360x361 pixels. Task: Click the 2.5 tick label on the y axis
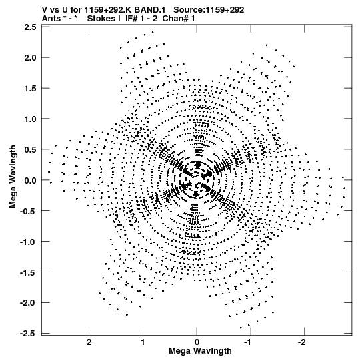coord(31,27)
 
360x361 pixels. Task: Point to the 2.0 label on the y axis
coord(31,58)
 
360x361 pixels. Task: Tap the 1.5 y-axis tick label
coord(31,88)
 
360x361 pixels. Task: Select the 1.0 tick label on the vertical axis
coord(31,119)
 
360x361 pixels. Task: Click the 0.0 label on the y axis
coord(31,180)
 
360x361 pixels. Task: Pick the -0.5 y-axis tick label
coord(28,211)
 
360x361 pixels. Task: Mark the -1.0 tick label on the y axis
coord(28,242)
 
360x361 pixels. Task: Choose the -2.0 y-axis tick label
coord(28,303)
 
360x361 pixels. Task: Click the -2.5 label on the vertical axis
coord(28,334)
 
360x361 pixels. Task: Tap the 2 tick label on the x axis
coord(89,342)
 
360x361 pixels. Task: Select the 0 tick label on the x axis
coord(197,342)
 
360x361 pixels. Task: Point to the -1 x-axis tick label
coord(250,342)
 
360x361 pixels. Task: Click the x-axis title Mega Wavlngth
coord(200,350)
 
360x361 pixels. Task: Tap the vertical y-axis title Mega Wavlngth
coord(13,177)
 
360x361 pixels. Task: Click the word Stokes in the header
coord(104,19)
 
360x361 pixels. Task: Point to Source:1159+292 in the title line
coord(209,10)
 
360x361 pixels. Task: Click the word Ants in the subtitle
coord(51,19)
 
